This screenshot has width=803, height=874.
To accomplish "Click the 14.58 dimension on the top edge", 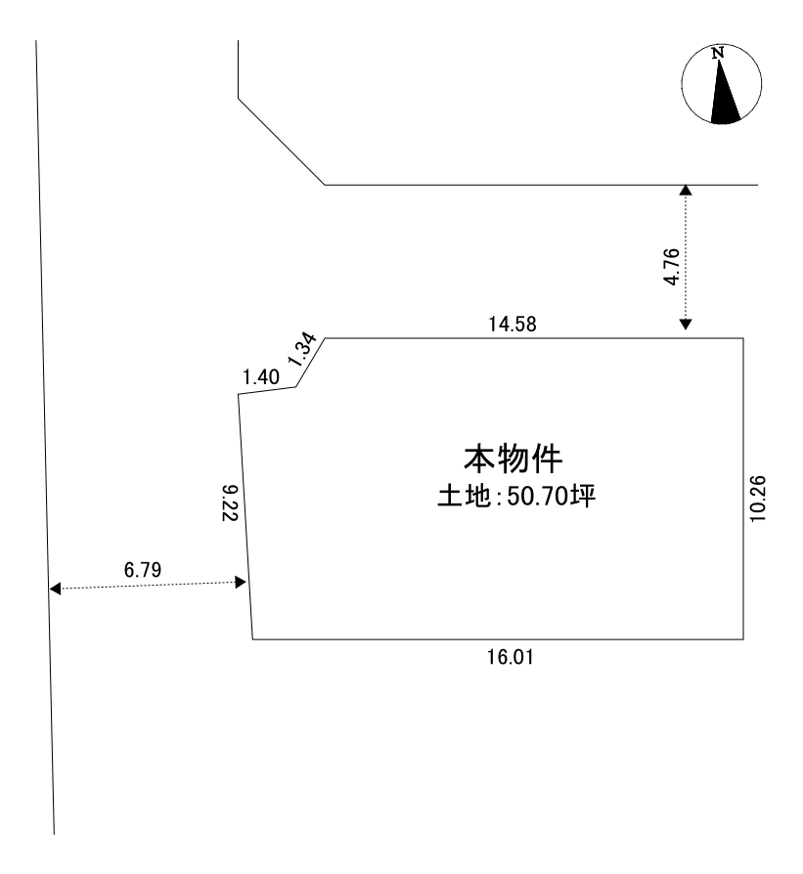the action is (513, 324).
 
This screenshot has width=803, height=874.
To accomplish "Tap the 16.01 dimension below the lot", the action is (511, 657).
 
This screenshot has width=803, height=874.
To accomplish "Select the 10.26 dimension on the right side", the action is (758, 499).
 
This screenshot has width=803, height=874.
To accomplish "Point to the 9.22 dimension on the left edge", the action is (230, 503).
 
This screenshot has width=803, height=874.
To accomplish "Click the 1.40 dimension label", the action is (261, 377).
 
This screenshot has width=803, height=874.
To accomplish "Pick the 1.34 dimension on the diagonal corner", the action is (302, 349).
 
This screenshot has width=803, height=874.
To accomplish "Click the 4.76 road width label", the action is (672, 267).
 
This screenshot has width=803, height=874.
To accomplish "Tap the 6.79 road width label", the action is (143, 570).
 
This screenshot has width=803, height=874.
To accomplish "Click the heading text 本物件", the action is (513, 459).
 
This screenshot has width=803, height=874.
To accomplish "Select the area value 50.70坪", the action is (552, 496).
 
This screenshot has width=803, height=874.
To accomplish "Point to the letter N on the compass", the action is (718, 53).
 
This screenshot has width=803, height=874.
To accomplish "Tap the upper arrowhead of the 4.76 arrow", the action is (686, 190).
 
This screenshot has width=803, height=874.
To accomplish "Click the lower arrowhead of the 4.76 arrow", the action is (686, 325).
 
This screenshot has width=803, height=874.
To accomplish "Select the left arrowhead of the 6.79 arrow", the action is (55, 589).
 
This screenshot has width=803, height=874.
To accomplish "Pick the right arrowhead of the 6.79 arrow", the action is (241, 583).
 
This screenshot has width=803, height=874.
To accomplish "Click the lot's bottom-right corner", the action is (743, 639).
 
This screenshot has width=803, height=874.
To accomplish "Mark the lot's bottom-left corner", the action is (252, 639).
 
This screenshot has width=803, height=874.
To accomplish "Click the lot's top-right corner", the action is (743, 338).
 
